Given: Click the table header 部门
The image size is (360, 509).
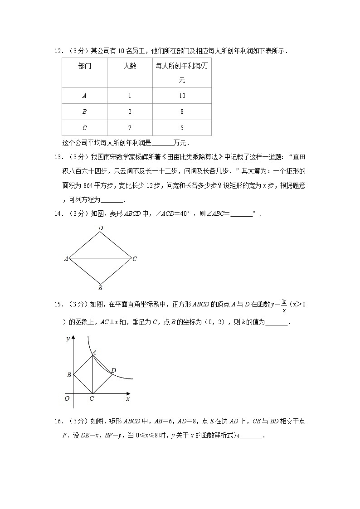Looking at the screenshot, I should point(84,66).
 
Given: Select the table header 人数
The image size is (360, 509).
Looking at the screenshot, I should point(130,66).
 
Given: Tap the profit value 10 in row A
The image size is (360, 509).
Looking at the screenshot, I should point(182,96).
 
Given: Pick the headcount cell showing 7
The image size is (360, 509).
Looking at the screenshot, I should point(130,128).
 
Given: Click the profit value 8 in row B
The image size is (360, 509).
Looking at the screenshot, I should point(182,111).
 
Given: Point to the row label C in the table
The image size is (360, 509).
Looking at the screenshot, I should point(84,128).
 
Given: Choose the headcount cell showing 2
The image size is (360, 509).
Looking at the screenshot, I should point(130,111).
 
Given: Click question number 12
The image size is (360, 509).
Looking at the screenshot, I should point(58,51).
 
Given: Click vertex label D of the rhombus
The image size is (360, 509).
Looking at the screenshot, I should point(100,228).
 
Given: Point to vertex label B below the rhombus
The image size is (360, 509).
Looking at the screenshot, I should point(100,288).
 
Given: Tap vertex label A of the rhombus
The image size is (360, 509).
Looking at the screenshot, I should point(66,259).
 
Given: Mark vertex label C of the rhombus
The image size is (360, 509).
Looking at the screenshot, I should point(135,259).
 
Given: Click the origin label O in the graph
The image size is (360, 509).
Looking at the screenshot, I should point(67,398).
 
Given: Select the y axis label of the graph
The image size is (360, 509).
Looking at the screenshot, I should point(68,339).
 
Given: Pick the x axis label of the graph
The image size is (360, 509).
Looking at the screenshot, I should point(128,398).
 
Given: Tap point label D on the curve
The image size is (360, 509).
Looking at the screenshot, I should point(113,370).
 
